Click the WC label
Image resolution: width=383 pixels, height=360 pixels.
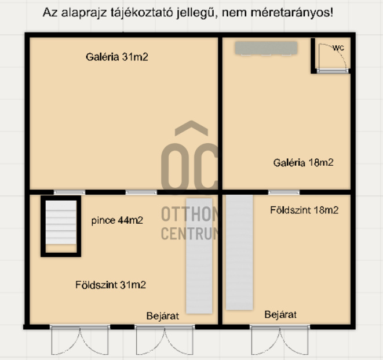point(338,48)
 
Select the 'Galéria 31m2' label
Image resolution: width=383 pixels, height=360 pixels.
point(117,57)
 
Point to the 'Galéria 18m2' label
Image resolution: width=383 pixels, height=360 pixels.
point(304,162)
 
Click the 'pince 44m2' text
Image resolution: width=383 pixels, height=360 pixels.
point(117,220)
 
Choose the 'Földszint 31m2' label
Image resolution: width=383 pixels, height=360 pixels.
point(111,285)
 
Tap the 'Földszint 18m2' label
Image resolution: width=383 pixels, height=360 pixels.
point(304,210)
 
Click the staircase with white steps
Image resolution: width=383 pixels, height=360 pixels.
point(61,226)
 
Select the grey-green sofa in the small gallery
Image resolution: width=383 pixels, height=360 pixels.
point(266,48)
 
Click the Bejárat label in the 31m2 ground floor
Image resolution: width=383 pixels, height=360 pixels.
point(163,316)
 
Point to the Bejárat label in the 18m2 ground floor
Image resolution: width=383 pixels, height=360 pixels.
point(280,315)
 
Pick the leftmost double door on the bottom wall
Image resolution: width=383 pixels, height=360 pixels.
point(80,340)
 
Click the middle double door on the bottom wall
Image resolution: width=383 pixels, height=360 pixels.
point(165,340)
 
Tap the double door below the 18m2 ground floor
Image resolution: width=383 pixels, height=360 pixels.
point(280,340)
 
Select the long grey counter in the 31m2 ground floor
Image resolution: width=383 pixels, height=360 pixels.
point(199,256)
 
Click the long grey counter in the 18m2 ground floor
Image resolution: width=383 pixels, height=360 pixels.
point(239,252)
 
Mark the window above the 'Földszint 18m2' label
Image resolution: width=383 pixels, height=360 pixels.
point(284,192)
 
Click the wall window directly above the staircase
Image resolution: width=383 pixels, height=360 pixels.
point(70,192)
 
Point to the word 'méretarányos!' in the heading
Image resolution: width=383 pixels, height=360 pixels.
point(292,13)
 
